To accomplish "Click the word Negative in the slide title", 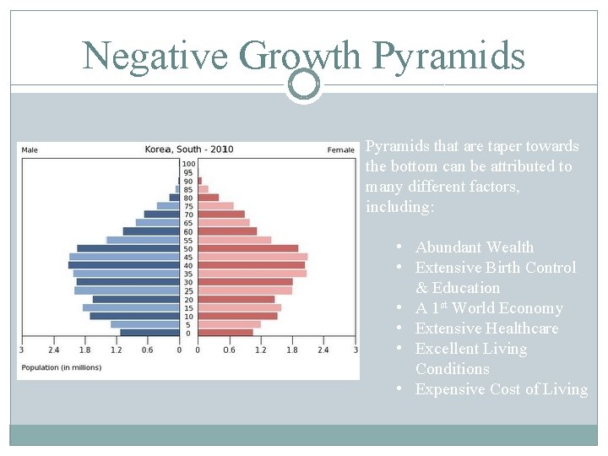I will coord(155,57).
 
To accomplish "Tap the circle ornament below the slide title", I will coord(303,84).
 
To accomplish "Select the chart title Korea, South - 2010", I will coord(189,149).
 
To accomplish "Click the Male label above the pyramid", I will coord(30,150).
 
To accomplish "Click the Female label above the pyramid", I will coord(341,150).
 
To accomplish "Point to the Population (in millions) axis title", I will coord(62,367).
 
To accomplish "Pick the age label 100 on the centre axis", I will coord(188,164).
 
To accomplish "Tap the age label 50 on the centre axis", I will coord(188,248).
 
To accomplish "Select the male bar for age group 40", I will coord(123,265).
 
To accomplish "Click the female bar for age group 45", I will coord(252,257).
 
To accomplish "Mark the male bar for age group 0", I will coord(149,333).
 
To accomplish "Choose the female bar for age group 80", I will coord(208,198).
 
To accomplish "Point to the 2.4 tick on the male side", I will coord(53,350).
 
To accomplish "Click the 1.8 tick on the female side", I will coord(292,350).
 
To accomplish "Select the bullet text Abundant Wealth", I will coord(475,247).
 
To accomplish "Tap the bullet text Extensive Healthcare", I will coord(486,328).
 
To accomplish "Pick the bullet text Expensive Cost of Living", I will coord(502,389).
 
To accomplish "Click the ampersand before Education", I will coord(421,288).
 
